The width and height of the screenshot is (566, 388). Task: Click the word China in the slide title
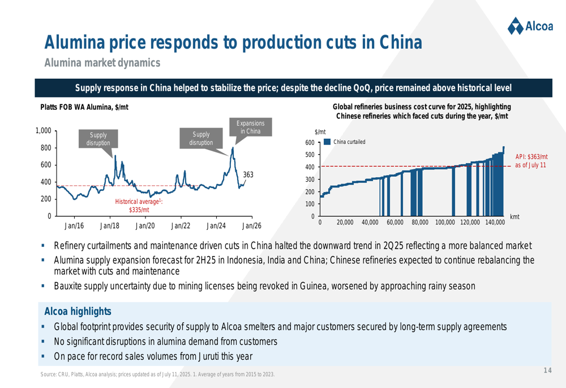395,42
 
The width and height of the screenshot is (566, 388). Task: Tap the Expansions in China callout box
250,127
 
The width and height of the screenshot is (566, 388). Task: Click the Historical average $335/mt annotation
139,206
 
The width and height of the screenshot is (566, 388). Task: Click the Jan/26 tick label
251,225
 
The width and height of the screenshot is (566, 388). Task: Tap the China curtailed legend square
327,142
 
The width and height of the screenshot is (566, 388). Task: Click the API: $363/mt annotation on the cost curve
531,160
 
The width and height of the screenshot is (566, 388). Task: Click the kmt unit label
514,217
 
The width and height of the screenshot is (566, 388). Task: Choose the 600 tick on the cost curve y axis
310,142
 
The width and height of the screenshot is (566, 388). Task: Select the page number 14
547,370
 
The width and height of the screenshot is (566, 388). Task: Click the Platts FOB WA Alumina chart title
84,106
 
